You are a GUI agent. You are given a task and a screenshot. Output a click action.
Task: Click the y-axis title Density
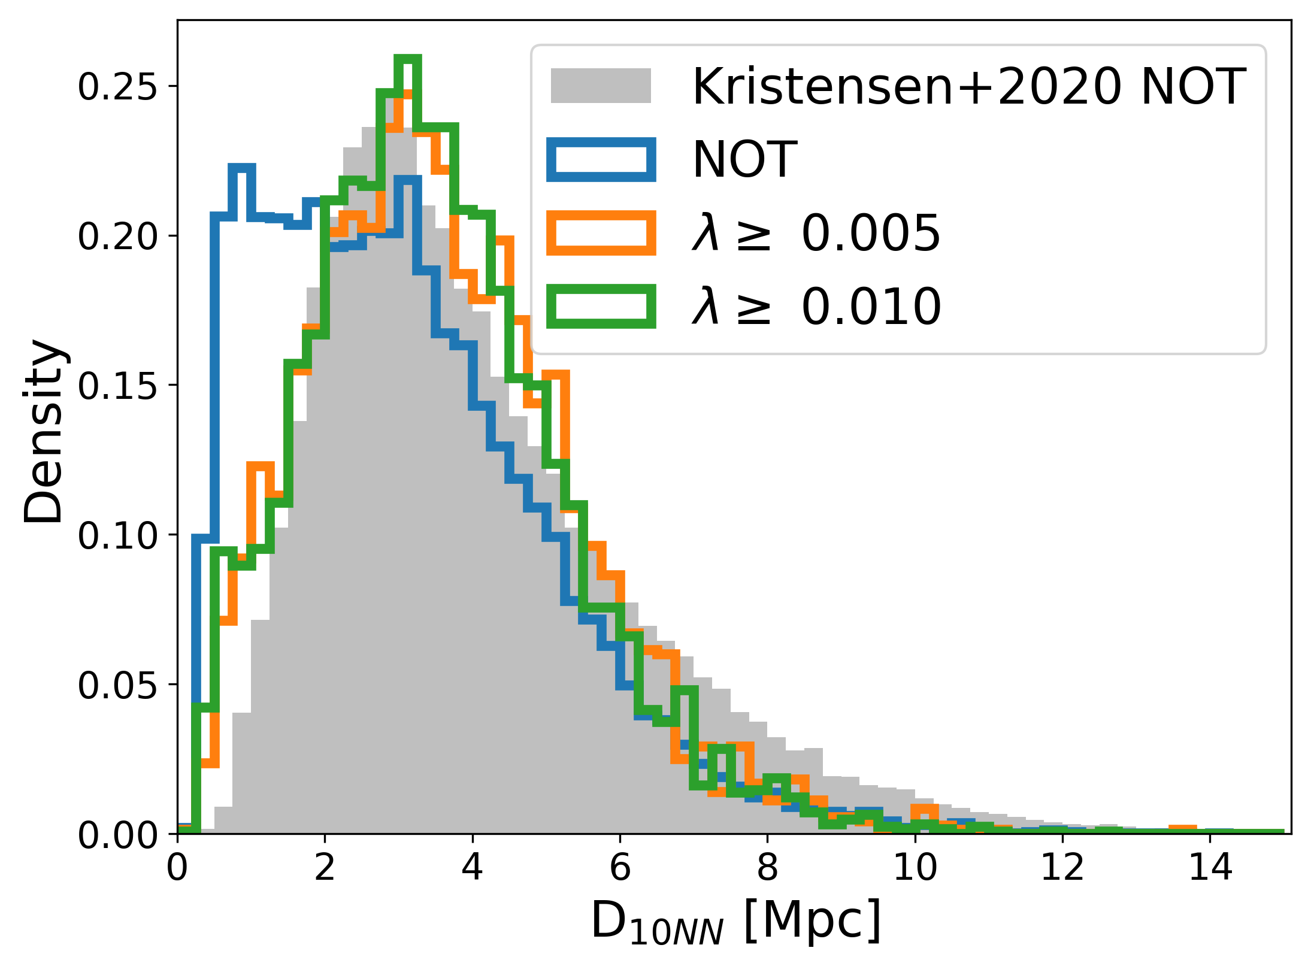(x=43, y=431)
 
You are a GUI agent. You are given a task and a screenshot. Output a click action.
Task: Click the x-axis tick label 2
(x=325, y=867)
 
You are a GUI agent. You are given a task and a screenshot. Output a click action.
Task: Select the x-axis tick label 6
(x=620, y=867)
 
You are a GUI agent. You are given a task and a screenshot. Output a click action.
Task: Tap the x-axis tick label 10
(x=915, y=867)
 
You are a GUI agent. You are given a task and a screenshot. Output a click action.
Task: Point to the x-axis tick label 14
(x=1210, y=867)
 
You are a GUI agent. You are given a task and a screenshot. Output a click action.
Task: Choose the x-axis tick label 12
(x=1062, y=867)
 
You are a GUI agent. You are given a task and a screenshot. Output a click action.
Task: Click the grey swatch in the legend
(x=601, y=86)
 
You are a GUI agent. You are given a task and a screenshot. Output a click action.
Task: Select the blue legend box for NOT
(x=601, y=159)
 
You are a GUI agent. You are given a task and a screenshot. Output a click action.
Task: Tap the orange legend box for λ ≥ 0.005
(x=601, y=233)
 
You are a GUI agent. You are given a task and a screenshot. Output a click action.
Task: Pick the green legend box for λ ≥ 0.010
(x=601, y=307)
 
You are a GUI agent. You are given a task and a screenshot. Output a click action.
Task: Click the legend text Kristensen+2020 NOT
(x=969, y=87)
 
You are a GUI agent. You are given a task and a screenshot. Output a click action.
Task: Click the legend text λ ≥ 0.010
(x=816, y=307)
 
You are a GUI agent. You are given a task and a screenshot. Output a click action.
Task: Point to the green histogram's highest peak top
(x=407, y=59)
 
